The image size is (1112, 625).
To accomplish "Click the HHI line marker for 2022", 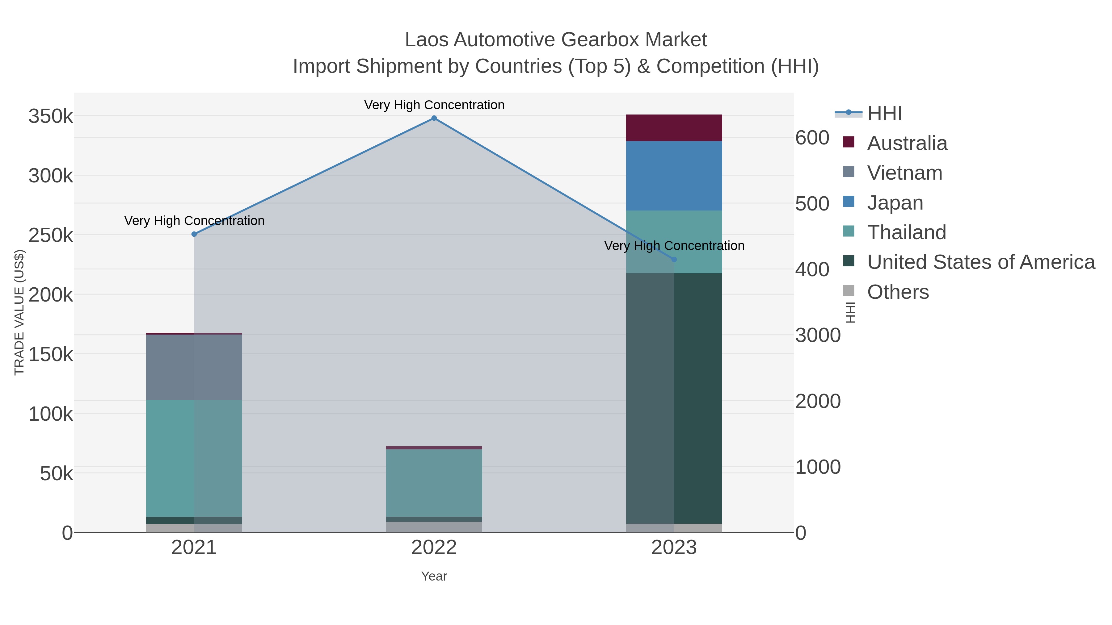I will tap(434, 118).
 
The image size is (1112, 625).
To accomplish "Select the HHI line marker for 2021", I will tap(194, 234).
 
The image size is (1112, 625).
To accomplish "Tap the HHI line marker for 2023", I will tap(674, 259).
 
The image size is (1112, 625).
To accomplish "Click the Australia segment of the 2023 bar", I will tap(674, 128).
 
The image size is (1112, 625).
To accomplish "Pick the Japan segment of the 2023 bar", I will tap(674, 176).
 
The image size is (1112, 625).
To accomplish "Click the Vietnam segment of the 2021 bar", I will tap(194, 367).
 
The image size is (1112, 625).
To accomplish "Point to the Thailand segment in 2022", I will tap(434, 483).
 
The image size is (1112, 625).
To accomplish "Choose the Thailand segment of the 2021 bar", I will tap(194, 458).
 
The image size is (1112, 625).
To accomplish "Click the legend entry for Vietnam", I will tap(904, 173).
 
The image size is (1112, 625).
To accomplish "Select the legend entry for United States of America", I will tap(980, 262).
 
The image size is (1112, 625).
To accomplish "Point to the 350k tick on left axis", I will tap(51, 116).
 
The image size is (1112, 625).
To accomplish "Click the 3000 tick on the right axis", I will tap(818, 335).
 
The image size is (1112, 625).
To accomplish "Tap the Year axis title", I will tap(434, 576).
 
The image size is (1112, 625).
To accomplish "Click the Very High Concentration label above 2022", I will tap(434, 105).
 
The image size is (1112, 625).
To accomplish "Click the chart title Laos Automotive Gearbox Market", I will tap(556, 40).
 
